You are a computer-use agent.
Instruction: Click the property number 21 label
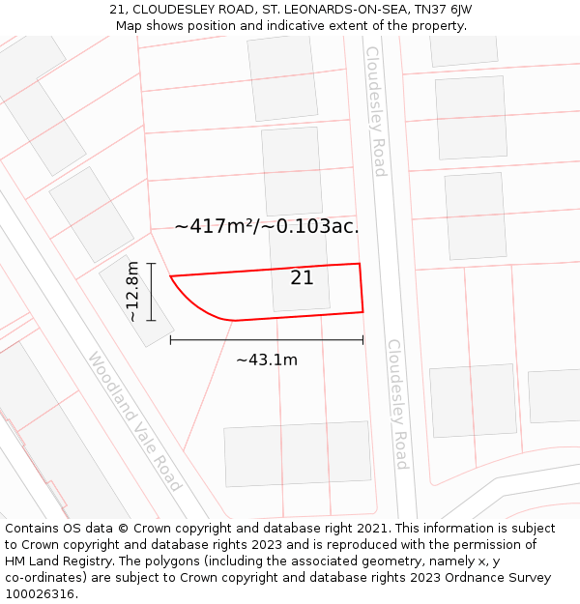click(x=302, y=278)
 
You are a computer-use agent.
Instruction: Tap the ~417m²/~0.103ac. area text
click(x=267, y=226)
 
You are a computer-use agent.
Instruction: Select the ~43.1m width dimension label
click(x=267, y=360)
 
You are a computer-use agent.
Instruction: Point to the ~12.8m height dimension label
click(x=133, y=291)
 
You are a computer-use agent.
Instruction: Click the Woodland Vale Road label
click(x=134, y=420)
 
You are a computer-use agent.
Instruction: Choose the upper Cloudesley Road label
click(x=375, y=111)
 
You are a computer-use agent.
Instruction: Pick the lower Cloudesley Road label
click(x=398, y=404)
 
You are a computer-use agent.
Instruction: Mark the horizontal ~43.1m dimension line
click(x=267, y=339)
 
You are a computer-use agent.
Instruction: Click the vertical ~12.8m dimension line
click(x=152, y=291)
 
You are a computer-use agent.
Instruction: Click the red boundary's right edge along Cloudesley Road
click(x=362, y=287)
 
